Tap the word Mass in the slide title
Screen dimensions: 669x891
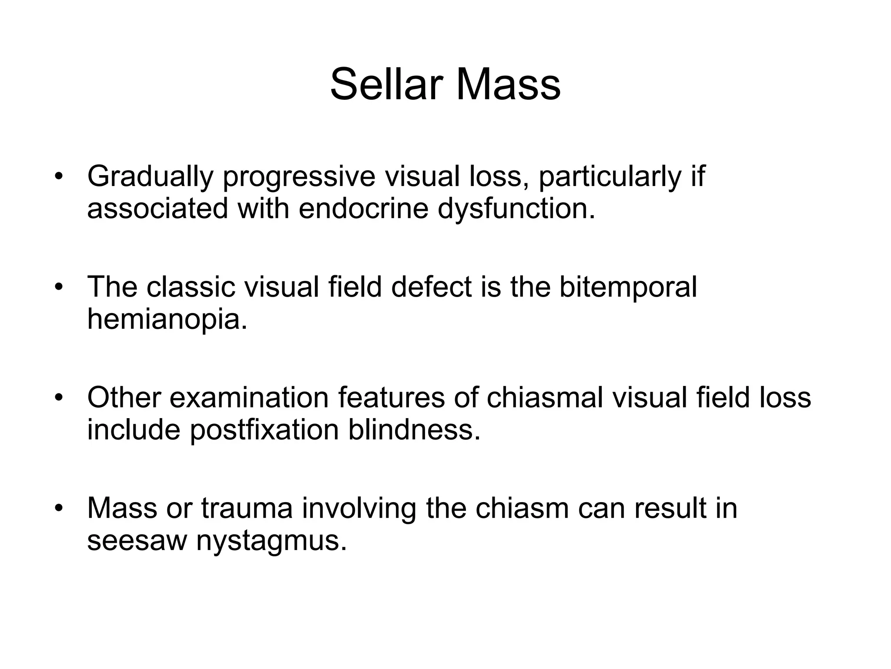click(x=508, y=84)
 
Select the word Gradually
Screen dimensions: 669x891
click(x=150, y=177)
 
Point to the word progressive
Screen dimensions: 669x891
click(x=299, y=177)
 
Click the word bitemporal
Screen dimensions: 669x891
click(x=628, y=287)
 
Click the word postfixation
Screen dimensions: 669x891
click(x=264, y=430)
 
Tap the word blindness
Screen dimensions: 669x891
click(x=414, y=430)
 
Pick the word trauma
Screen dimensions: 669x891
click(x=247, y=508)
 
